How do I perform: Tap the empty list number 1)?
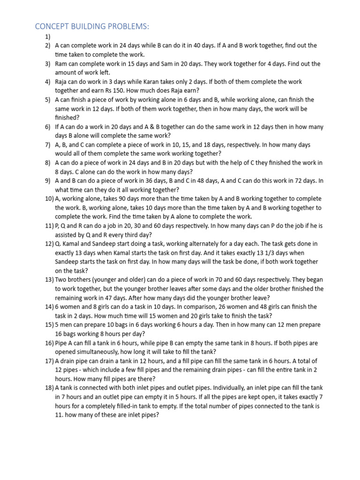(x=48, y=37)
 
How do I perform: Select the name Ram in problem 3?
(x=62, y=64)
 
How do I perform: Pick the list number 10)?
(x=49, y=199)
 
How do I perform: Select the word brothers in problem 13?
(x=82, y=280)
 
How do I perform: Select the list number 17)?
(x=49, y=361)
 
